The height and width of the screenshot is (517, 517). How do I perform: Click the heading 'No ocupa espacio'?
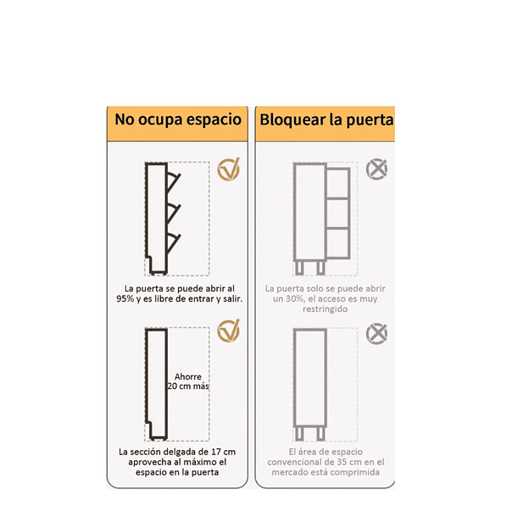pos(179,120)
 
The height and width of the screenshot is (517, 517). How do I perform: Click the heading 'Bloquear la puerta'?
pos(326,120)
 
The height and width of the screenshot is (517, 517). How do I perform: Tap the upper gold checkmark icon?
pos(229,170)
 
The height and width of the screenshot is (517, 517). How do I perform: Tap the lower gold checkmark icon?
pos(229,331)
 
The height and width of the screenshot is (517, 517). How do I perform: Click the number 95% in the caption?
pos(125,299)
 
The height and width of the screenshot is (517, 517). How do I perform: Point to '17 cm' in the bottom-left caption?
pos(223,452)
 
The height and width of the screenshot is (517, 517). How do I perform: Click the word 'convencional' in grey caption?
pos(297,462)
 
